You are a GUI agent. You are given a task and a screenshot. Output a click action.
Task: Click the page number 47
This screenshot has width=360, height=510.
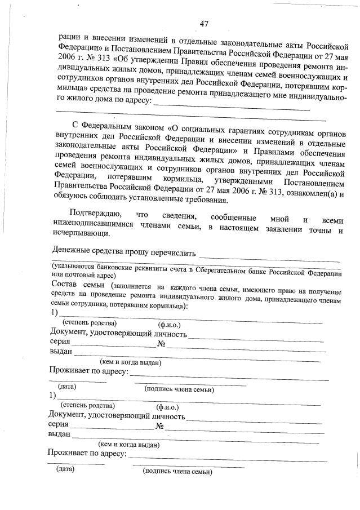pos(205,23)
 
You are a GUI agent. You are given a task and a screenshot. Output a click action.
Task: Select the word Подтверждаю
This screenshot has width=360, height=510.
pos(94,214)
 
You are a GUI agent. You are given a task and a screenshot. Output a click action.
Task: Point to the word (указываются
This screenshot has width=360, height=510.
pos(74,266)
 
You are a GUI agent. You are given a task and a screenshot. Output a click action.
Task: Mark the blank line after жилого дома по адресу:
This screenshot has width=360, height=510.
pos(231,107)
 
